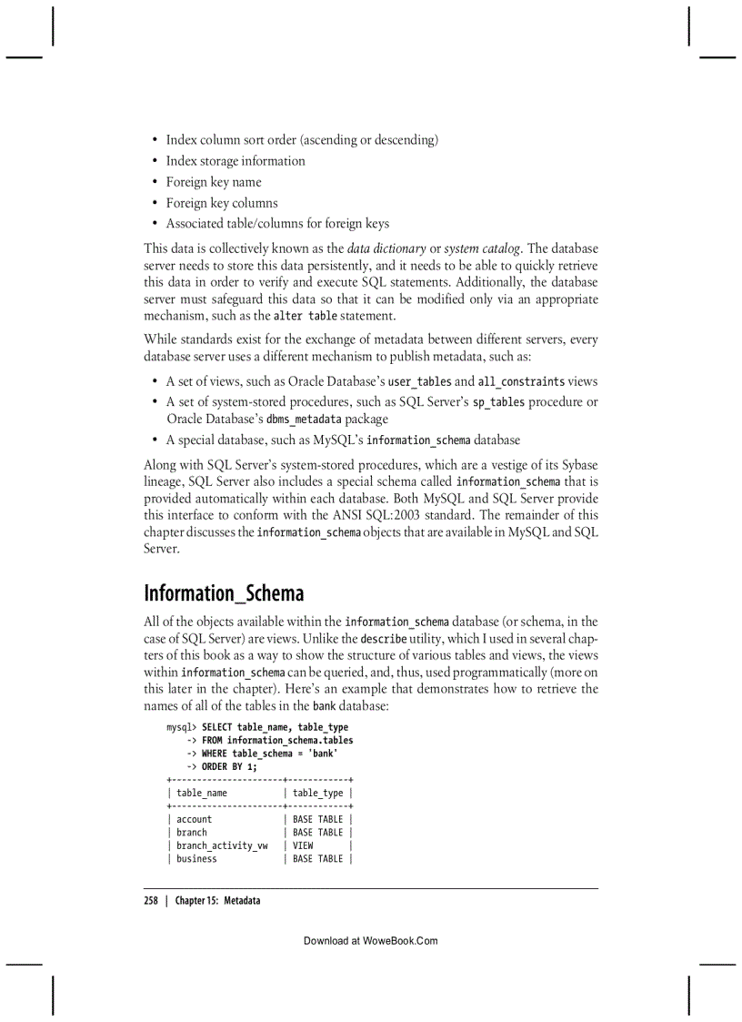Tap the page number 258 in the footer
pos(151,900)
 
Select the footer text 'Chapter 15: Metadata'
pos(217,900)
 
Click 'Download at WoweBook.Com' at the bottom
pos(370,940)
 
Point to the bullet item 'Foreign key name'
pos(213,182)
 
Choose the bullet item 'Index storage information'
pos(235,161)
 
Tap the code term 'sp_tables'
pos(498,402)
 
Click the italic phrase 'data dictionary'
pos(386,248)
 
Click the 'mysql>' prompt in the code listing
pos(182,727)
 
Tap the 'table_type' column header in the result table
pos(317,794)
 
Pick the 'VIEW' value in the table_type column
pos(303,845)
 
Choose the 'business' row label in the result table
pos(196,858)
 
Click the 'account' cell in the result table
pos(194,819)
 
